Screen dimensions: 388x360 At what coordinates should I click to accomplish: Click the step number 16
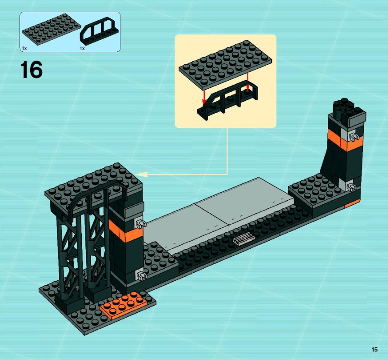31,70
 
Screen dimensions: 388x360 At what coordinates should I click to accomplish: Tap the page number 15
375,349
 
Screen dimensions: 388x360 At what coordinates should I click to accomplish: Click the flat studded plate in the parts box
51,29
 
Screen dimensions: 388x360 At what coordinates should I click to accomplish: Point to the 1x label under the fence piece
82,49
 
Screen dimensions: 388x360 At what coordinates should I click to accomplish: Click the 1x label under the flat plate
24,48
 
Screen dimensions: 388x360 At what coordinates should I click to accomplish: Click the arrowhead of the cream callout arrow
142,175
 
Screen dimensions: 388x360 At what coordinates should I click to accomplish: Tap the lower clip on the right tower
352,186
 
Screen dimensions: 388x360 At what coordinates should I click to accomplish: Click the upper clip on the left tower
141,224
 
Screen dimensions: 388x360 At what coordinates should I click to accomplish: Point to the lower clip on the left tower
141,275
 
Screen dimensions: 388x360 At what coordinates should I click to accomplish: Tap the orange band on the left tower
125,230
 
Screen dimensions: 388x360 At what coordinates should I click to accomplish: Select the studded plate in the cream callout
225,65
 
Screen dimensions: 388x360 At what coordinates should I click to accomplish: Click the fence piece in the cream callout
227,100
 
